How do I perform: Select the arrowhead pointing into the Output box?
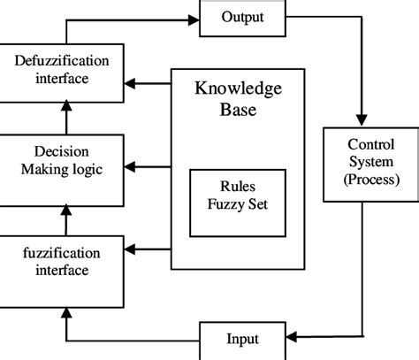coord(193,19)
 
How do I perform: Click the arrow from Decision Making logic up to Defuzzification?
coord(65,118)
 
